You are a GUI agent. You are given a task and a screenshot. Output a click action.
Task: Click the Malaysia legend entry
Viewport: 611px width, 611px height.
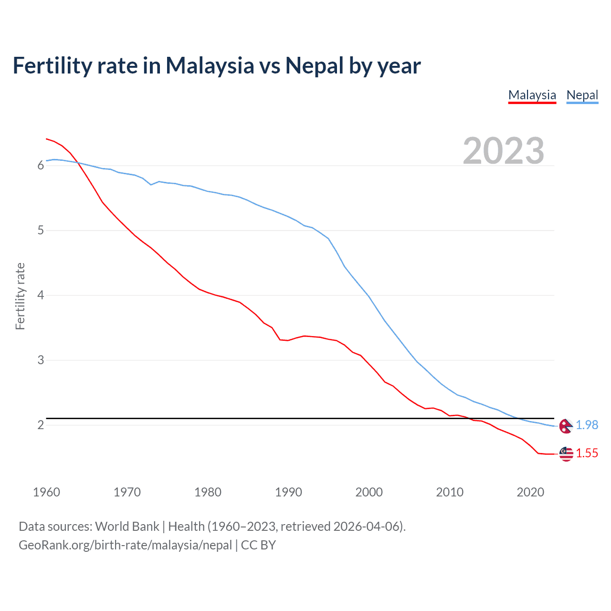[532, 95]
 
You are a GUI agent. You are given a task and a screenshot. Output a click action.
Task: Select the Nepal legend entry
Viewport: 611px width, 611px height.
[582, 95]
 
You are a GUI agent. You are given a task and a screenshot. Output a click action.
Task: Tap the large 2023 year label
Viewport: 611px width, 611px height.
[503, 151]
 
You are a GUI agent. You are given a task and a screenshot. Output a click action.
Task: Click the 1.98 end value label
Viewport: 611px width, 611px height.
[587, 425]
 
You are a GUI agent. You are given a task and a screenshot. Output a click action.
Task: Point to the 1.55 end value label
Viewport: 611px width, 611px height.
[587, 453]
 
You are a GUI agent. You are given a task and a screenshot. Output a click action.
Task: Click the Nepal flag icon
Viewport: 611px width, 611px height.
[566, 426]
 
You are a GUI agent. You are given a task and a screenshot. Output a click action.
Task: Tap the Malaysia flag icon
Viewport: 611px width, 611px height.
[566, 453]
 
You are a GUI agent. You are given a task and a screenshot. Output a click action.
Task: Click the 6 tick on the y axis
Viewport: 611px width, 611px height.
[41, 166]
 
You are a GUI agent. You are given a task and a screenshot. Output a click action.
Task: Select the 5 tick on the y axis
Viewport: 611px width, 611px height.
[41, 231]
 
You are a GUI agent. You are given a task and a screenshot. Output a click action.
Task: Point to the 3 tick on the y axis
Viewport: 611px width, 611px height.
[41, 360]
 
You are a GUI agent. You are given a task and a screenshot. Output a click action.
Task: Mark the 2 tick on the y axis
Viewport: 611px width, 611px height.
[41, 425]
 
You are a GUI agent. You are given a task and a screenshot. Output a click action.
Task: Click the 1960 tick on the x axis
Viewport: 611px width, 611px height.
[46, 492]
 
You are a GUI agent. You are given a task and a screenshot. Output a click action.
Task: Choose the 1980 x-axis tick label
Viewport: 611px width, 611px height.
[208, 492]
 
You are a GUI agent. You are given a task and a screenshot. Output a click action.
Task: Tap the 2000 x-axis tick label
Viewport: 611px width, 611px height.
[369, 492]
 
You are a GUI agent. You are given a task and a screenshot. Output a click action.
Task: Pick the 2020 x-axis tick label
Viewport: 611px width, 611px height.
[530, 492]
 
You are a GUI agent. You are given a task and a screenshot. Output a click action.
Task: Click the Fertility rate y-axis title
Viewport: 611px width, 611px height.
[20, 296]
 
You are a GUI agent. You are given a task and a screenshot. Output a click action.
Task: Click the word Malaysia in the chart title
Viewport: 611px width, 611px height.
[210, 66]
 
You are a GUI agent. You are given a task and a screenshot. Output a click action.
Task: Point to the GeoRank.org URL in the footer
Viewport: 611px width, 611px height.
[125, 545]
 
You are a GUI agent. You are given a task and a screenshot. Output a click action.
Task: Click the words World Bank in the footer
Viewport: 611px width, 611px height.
[127, 527]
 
